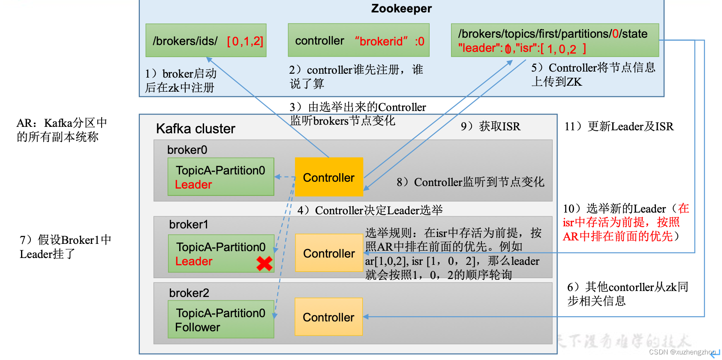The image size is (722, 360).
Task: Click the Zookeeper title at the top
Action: click(401, 9)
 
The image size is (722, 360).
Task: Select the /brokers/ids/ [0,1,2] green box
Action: click(206, 41)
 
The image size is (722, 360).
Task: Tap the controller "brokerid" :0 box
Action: click(358, 41)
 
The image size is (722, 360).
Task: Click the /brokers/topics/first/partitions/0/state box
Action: click(554, 40)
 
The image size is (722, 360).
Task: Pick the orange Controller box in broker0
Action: click(329, 177)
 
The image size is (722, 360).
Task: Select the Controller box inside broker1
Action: click(329, 253)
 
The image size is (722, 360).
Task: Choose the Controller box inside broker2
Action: click(328, 317)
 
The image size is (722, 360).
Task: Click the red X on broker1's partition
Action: click(265, 263)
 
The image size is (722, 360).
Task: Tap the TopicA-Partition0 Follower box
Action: click(221, 320)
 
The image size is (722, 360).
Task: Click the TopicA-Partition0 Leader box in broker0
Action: click(221, 177)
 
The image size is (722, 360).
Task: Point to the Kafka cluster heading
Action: click(196, 129)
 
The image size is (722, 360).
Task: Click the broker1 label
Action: click(189, 225)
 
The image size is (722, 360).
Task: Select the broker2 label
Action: click(189, 293)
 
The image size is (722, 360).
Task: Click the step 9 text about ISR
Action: click(490, 126)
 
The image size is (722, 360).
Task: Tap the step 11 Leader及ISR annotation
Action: click(619, 126)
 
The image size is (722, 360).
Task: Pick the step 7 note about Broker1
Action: click(65, 247)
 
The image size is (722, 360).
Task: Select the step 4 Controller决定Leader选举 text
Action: click(370, 210)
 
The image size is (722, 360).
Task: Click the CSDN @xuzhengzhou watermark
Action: click(682, 352)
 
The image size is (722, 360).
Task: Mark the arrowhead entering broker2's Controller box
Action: click(366, 317)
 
